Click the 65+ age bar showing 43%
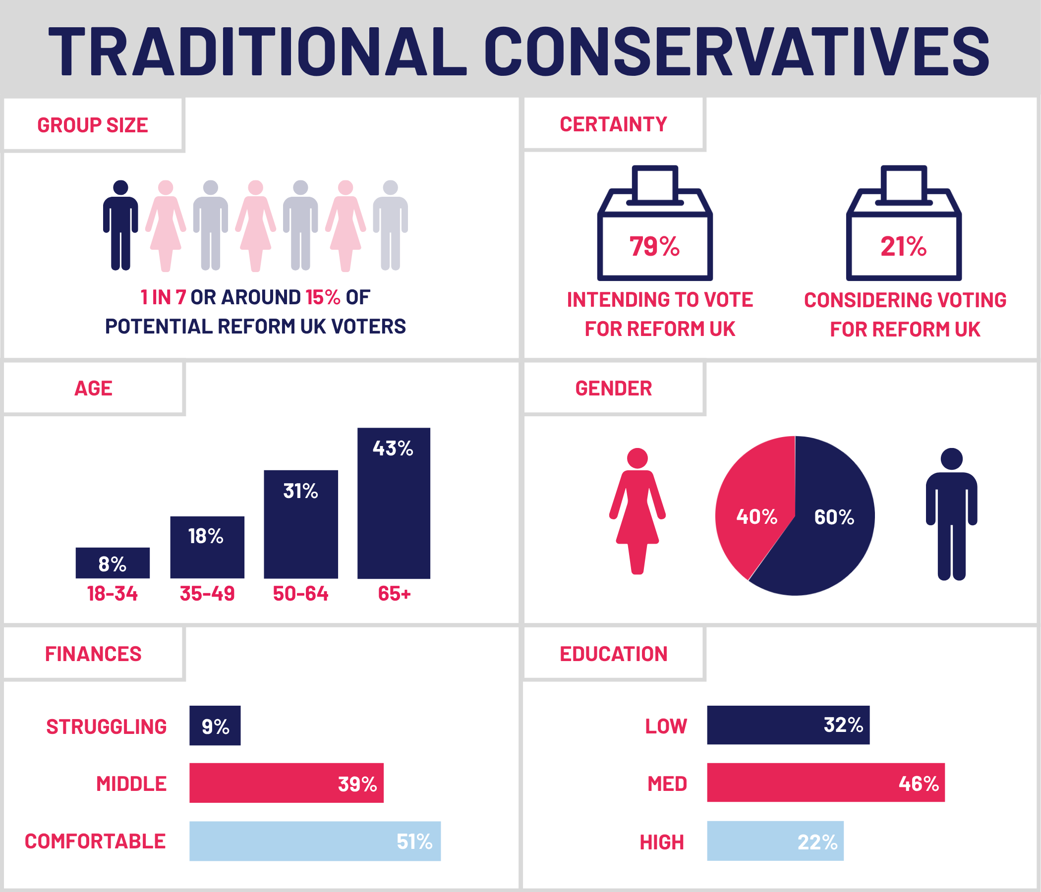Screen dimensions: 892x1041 pyautogui.click(x=394, y=503)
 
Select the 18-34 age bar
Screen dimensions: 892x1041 pyautogui.click(x=113, y=562)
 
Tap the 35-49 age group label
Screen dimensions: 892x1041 pyautogui.click(x=207, y=594)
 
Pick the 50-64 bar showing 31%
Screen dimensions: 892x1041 pyautogui.click(x=300, y=524)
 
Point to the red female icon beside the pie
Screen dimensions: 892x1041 pyautogui.click(x=637, y=510)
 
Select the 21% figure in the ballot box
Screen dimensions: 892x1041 pyautogui.click(x=903, y=247)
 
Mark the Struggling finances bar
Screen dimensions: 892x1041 pyautogui.click(x=215, y=725)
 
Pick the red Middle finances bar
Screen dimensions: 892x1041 pyautogui.click(x=286, y=782)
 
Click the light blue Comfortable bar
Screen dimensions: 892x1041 pyautogui.click(x=314, y=841)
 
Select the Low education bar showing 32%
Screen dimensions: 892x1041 pyautogui.click(x=788, y=725)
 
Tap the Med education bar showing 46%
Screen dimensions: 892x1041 pyautogui.click(x=825, y=782)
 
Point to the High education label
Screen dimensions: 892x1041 pyautogui.click(x=661, y=842)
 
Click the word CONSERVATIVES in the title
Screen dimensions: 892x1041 pyautogui.click(x=736, y=52)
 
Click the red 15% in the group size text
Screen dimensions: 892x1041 pyautogui.click(x=323, y=297)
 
